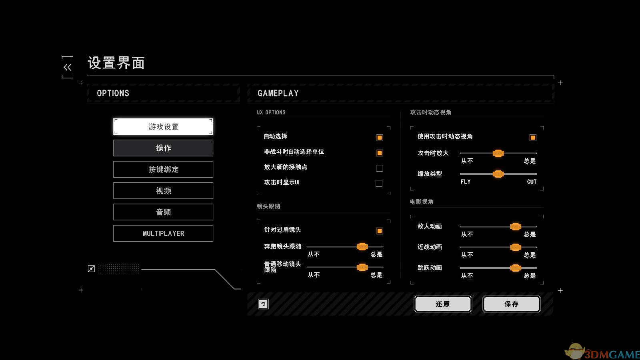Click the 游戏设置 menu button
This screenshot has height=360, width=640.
coord(163,127)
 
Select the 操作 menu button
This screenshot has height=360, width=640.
coord(163,148)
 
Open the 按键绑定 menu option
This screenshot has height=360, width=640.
coord(163,169)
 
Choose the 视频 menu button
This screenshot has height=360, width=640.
coord(163,191)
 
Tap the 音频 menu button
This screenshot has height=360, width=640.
coord(163,212)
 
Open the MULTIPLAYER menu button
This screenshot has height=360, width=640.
coord(163,233)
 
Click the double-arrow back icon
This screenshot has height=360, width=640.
coord(68,67)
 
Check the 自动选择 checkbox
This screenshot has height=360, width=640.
coord(380,138)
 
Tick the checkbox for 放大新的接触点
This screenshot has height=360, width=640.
coord(380,168)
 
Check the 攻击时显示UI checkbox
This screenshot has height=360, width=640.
coord(379,183)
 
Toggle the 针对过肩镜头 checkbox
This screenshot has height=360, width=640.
coord(380,231)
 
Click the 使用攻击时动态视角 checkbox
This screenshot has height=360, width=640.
coord(533,138)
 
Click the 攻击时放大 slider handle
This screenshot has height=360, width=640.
coord(498,153)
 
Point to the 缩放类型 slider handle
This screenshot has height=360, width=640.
coord(498,174)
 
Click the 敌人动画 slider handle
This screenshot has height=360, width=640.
coord(516,227)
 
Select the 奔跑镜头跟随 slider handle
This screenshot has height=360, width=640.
coord(362,246)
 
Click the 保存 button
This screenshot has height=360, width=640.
coord(512,304)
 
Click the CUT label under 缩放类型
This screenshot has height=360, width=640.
coord(532,182)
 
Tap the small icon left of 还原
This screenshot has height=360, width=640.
coord(263,304)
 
